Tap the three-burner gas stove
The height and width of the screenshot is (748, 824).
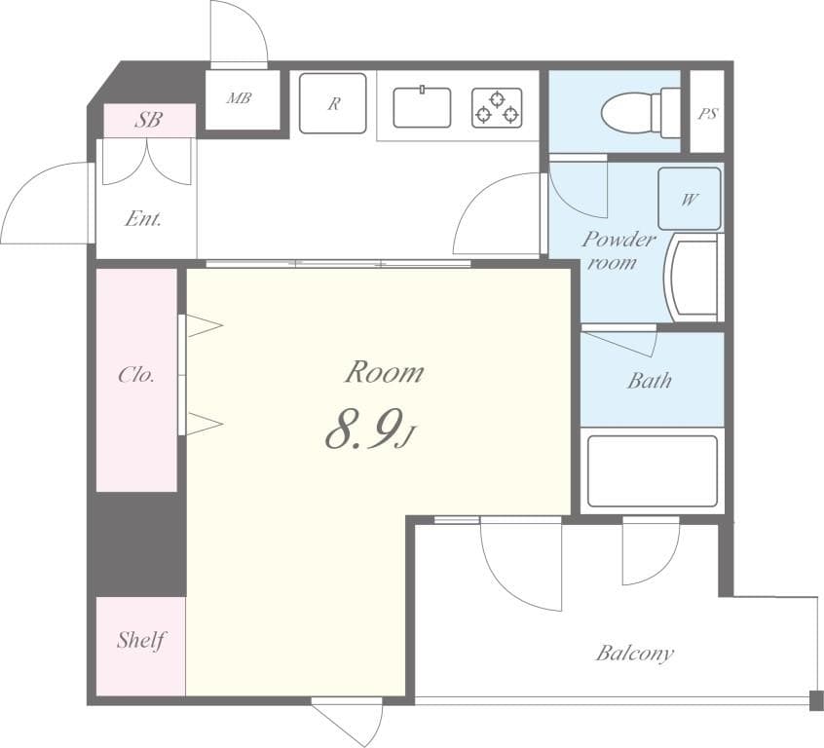click(497, 108)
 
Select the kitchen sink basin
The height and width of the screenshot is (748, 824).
click(422, 107)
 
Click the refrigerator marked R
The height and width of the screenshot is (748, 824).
click(333, 103)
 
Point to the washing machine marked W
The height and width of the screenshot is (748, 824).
click(690, 199)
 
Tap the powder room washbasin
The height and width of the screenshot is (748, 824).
click(692, 278)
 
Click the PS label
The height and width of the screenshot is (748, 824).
click(707, 114)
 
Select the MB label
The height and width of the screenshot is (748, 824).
click(239, 97)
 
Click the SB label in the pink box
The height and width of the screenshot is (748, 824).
click(149, 120)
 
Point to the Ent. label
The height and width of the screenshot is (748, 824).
click(143, 218)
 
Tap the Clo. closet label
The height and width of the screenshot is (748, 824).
click(136, 375)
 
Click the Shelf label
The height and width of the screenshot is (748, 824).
click(140, 640)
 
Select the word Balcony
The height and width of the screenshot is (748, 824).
click(635, 654)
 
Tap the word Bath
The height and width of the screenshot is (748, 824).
click(650, 380)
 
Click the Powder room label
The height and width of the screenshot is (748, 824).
click(618, 250)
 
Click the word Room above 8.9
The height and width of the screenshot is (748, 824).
click(384, 372)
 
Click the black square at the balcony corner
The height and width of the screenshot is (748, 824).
click(816, 700)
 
